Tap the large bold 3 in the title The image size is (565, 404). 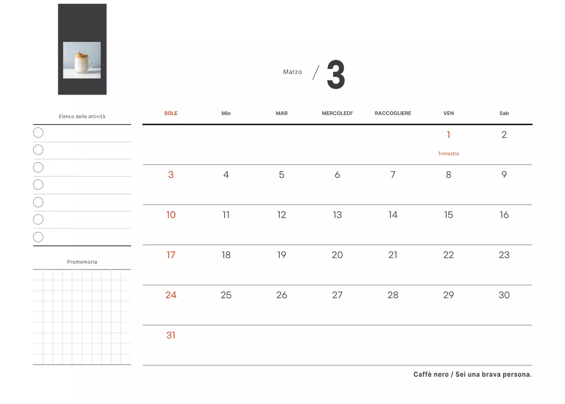click(x=336, y=75)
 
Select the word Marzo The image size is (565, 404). click(x=292, y=72)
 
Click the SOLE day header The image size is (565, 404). click(x=171, y=113)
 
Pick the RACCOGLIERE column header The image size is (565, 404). click(x=393, y=113)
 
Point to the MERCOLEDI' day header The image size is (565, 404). click(x=337, y=113)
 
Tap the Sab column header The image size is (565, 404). click(x=504, y=113)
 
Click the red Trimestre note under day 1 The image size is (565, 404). click(x=448, y=153)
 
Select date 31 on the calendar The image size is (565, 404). click(x=171, y=335)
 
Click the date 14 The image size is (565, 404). click(x=393, y=215)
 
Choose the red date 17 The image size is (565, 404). click(x=171, y=255)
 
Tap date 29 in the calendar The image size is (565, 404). click(x=448, y=295)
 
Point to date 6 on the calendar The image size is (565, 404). click(x=337, y=174)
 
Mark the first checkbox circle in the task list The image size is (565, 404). click(x=38, y=133)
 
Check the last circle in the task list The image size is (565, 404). click(x=38, y=237)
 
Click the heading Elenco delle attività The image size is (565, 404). click(x=82, y=116)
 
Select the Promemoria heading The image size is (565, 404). click(x=82, y=262)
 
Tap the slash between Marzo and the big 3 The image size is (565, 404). click(x=316, y=73)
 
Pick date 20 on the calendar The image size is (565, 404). click(x=337, y=255)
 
